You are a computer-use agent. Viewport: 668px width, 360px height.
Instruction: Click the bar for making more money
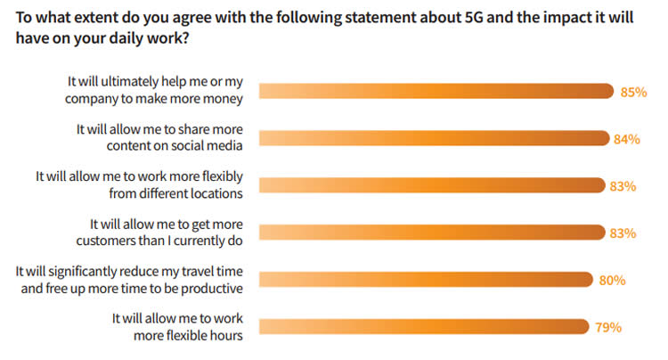(436, 91)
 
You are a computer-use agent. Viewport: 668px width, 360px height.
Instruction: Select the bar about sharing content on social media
(435, 138)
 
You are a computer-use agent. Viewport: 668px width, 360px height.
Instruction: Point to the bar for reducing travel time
(426, 280)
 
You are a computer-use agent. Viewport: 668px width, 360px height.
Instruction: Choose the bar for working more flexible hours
(423, 326)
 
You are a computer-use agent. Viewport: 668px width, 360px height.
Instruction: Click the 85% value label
(634, 91)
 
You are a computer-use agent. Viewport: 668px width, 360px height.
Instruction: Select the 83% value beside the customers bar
(623, 233)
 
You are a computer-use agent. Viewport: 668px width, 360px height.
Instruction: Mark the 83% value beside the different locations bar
(623, 186)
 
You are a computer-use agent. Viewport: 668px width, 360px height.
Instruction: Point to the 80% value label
(613, 280)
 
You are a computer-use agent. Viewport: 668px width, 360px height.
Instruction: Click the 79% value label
(607, 327)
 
